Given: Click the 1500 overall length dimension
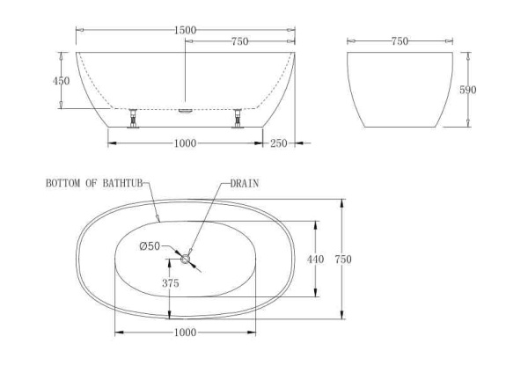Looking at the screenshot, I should point(185,30).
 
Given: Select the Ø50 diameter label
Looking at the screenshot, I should point(149,246).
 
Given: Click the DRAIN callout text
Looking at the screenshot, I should point(244,184).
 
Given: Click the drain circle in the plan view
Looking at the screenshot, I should point(185,259).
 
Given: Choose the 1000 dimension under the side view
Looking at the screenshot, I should point(185,143).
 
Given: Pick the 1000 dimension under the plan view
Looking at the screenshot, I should point(185,333).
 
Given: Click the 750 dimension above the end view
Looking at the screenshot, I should point(400,40).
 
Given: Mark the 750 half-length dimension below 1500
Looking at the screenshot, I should point(238,40).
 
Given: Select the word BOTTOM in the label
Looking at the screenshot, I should point(62,184).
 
